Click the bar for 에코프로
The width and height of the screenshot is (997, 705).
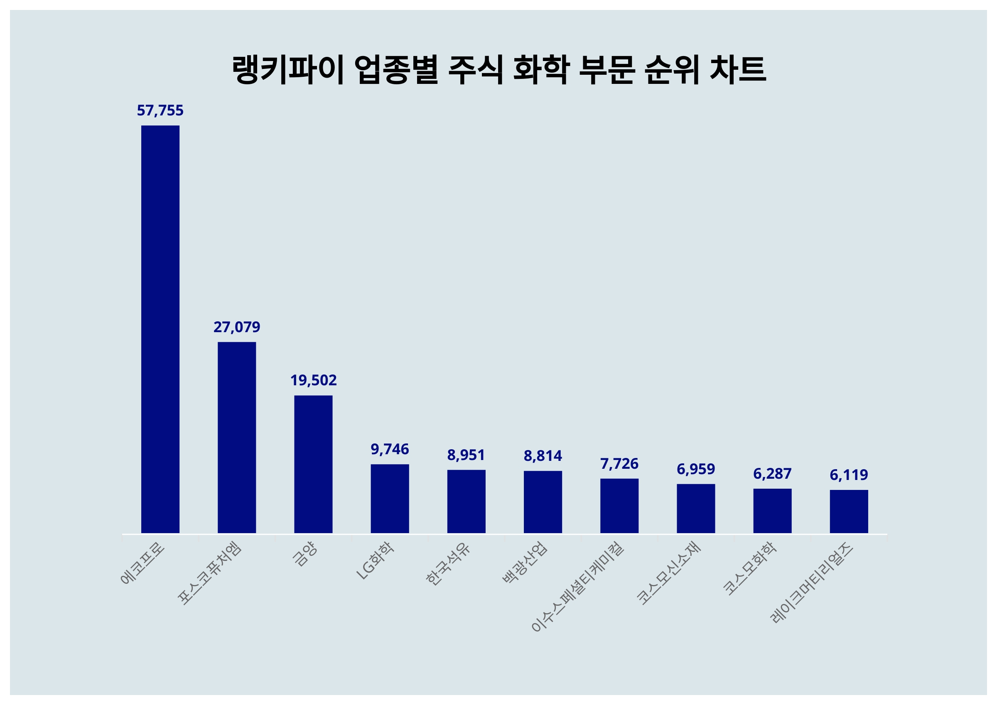[x=160, y=329]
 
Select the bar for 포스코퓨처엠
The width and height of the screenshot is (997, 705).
[x=237, y=437]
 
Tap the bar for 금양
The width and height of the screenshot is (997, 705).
[x=313, y=464]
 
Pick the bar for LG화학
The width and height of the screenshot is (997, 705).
[x=390, y=498]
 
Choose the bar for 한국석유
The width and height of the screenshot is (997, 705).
[x=466, y=502]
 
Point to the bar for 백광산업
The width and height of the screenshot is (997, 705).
[x=543, y=502]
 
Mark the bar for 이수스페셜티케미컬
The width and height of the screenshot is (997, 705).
[x=619, y=506]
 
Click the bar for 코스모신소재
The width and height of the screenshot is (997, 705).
[x=696, y=508]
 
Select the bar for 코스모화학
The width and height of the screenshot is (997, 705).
[x=772, y=511]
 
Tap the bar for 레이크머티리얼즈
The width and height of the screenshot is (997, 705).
[x=849, y=512]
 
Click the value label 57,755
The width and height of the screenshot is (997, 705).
[x=160, y=111]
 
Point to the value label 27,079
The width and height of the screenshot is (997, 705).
[x=237, y=327]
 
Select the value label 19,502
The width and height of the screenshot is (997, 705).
[x=313, y=381]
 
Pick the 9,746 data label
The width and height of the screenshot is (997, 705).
[x=390, y=449]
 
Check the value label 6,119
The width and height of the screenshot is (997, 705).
[x=849, y=475]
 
